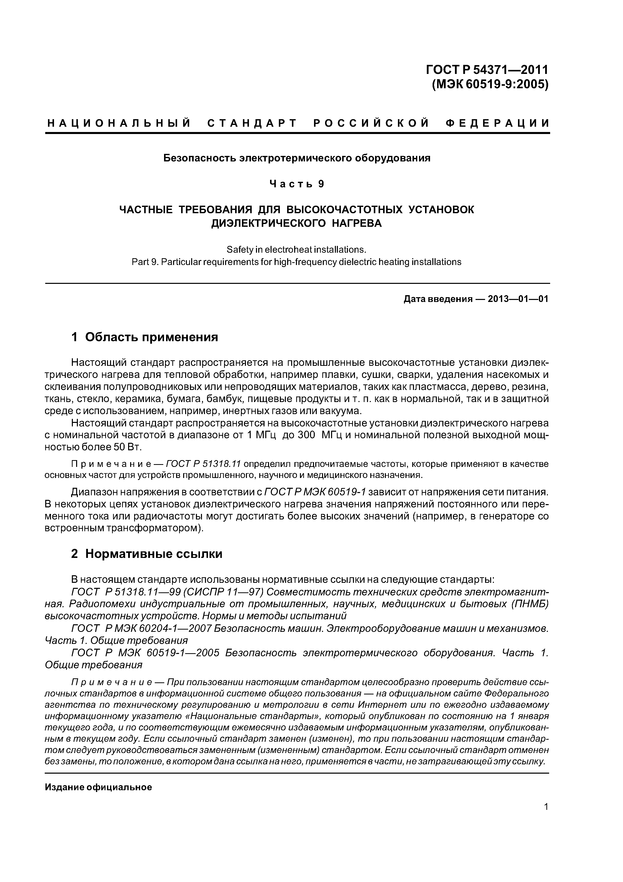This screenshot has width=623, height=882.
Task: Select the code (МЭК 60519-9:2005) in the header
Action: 490,84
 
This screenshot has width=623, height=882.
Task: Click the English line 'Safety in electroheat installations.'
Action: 297,250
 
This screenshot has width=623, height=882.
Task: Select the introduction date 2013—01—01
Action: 518,299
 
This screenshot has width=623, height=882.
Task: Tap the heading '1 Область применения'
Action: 144,337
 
